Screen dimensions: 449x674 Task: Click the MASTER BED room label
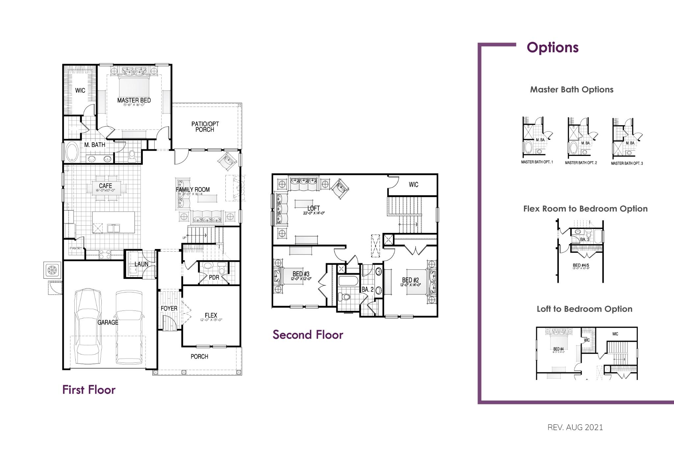(x=134, y=100)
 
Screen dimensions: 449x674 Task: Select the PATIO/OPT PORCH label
(x=205, y=127)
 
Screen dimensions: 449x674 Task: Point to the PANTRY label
(x=75, y=248)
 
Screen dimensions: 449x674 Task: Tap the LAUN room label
(x=141, y=264)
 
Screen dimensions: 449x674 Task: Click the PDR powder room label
(x=214, y=278)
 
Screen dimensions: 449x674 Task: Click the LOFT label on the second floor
(x=313, y=208)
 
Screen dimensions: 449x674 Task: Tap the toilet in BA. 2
(x=346, y=297)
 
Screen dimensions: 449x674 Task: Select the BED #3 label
(x=301, y=274)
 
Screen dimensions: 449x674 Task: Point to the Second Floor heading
(x=308, y=335)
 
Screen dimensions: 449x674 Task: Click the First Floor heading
(x=89, y=390)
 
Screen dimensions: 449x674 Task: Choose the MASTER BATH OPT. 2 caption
(x=581, y=163)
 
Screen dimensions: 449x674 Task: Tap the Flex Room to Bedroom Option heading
(x=585, y=209)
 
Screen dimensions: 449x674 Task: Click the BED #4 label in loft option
(x=558, y=349)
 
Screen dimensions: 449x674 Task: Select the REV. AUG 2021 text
(x=575, y=427)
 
